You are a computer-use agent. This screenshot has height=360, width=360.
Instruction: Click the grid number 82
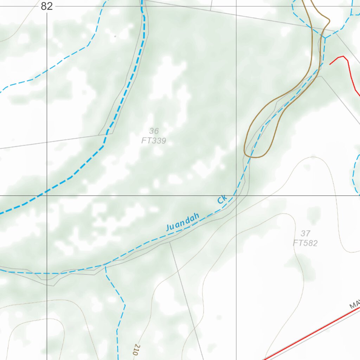point(47,6)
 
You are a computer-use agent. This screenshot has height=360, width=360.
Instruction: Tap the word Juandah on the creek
point(183,222)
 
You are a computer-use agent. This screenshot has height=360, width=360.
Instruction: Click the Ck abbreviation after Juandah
point(222,199)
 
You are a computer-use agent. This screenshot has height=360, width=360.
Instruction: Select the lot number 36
point(154,131)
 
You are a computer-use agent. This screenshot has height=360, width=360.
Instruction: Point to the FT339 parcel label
point(154,141)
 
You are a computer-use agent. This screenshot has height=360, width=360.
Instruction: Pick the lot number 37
point(305,233)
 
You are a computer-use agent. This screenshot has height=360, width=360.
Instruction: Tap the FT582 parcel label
point(305,243)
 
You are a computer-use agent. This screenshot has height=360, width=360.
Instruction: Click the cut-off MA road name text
point(354,304)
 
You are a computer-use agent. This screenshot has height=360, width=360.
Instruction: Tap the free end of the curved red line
point(330,64)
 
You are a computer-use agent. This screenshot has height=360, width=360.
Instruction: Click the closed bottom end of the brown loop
point(255,157)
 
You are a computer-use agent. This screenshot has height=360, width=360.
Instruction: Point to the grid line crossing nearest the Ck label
point(236,195)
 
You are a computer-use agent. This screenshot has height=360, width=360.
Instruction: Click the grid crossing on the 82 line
point(47,195)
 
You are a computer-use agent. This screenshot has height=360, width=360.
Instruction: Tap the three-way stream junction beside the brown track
point(325,38)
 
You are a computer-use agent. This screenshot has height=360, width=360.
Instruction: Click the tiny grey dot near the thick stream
point(115,36)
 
